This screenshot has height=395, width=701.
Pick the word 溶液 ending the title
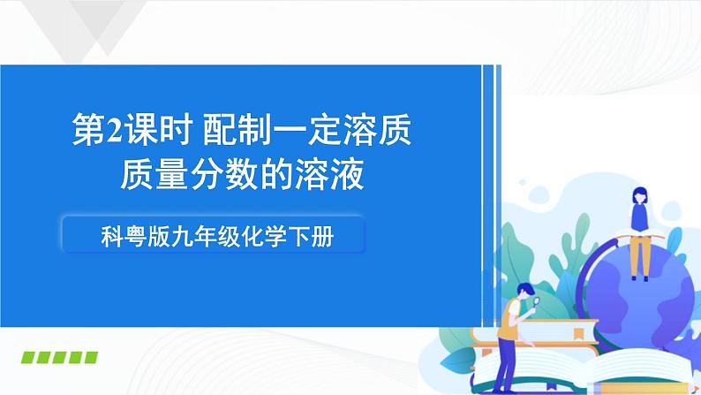(335, 176)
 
